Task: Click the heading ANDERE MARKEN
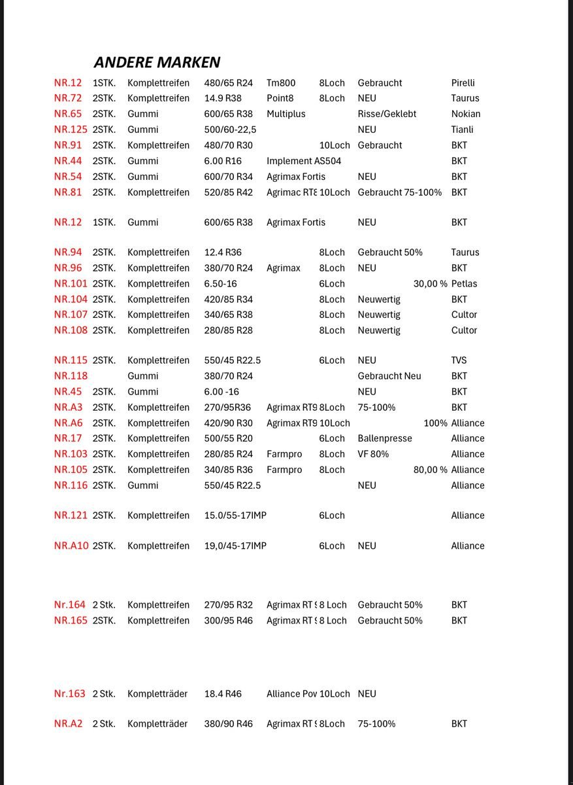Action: point(157,62)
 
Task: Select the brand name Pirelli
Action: point(463,83)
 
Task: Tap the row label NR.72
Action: point(68,98)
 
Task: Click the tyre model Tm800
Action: point(281,83)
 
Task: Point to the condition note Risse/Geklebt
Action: point(387,114)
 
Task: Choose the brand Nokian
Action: point(465,114)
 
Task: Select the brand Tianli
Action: point(462,130)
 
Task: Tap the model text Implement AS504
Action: point(303,161)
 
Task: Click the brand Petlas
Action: point(464,284)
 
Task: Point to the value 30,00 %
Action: point(430,284)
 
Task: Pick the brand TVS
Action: point(459,360)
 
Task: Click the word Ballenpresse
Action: point(385,438)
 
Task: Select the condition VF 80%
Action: point(373,454)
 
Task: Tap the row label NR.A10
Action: point(71,546)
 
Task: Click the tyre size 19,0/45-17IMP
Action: point(235,546)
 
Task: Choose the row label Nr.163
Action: point(69,693)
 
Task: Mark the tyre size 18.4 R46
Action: point(223,693)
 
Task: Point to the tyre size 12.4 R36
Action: point(223,253)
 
